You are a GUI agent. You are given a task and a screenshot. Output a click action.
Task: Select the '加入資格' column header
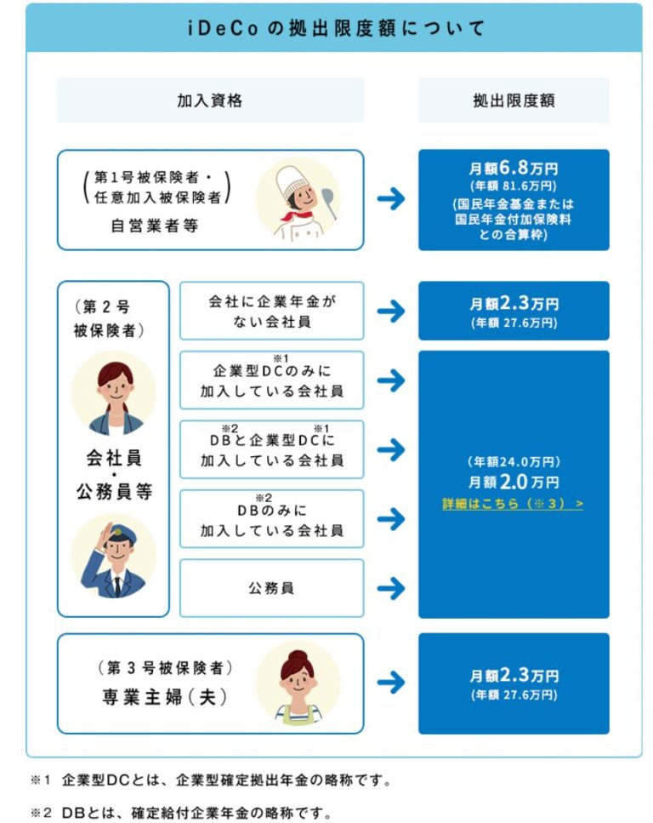pos(210,100)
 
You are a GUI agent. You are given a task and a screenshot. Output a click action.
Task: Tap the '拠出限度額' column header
pos(514,100)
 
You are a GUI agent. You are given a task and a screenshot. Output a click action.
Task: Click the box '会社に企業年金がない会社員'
pos(272,311)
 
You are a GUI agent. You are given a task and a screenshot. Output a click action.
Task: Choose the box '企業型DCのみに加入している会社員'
pos(272,380)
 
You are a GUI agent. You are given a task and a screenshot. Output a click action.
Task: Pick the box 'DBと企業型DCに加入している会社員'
pos(272,449)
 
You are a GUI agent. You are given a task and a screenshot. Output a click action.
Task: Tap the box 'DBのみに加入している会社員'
pos(272,519)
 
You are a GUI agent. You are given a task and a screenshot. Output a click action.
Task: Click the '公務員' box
pos(272,588)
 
